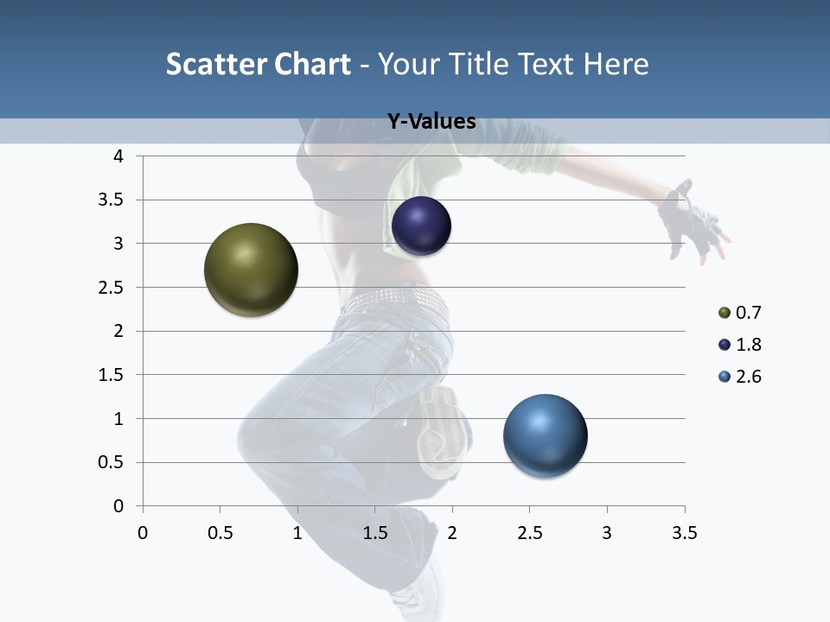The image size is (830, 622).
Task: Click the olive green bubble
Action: [251, 270]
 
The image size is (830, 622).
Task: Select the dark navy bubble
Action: [421, 226]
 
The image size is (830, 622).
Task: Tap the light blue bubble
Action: [545, 436]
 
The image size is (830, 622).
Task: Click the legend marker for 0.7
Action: [725, 313]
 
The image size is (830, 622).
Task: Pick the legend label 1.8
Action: [749, 345]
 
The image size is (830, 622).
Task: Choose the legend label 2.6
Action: [749, 377]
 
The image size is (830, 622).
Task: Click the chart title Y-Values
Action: [431, 122]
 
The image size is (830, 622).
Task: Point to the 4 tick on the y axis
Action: [118, 156]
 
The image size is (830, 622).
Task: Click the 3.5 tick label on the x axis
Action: [684, 533]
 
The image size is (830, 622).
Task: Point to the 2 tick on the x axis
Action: [452, 533]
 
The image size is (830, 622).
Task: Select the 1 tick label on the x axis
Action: [297, 533]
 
